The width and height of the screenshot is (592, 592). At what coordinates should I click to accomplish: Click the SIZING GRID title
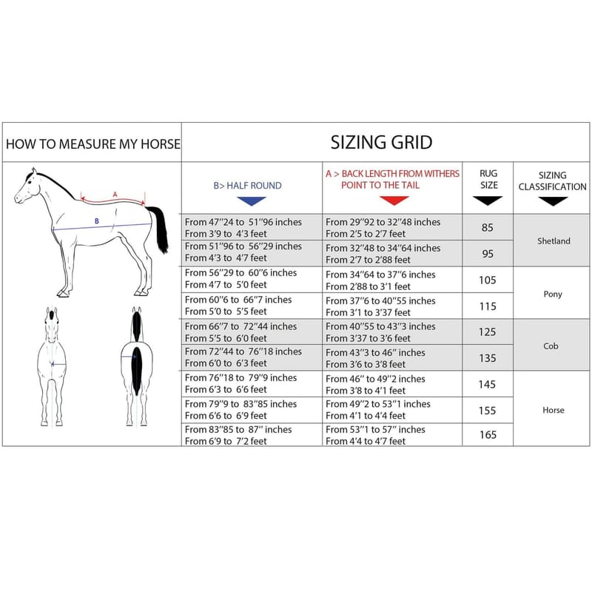point(381,142)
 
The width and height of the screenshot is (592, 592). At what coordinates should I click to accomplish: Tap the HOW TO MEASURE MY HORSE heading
point(93,144)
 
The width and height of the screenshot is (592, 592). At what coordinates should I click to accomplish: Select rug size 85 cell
point(488,227)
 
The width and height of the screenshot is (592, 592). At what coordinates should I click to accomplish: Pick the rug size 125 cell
point(488,332)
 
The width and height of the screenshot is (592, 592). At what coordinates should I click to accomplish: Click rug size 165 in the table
point(488,434)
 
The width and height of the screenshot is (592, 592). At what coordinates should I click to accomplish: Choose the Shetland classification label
point(554,240)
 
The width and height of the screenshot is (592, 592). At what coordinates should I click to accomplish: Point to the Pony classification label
point(553,294)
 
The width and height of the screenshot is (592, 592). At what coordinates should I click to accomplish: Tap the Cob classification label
point(551,346)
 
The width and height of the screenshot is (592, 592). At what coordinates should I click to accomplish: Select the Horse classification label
point(554,410)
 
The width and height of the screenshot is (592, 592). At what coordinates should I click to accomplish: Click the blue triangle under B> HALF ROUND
point(252,201)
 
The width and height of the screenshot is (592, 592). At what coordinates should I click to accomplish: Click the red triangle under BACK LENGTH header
point(394,201)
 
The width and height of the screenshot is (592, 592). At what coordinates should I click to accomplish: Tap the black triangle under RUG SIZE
point(488,201)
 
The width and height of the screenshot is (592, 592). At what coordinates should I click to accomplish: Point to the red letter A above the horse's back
point(115,195)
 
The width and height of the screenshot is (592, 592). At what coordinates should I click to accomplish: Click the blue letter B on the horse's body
point(97,221)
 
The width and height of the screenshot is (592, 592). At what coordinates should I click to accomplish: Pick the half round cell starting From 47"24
point(243,228)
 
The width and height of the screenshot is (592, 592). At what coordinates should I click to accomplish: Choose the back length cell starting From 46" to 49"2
point(375,384)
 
